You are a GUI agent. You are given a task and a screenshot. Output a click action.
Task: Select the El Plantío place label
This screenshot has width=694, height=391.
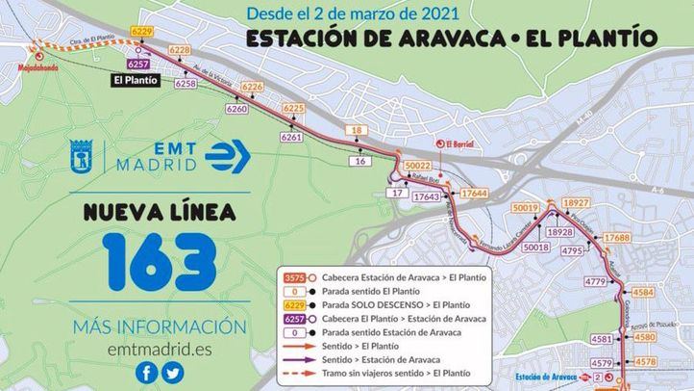[132, 80]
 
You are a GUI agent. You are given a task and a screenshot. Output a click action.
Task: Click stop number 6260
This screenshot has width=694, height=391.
[236, 110]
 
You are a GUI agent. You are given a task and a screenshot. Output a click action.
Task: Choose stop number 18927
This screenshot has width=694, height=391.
[577, 203]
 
